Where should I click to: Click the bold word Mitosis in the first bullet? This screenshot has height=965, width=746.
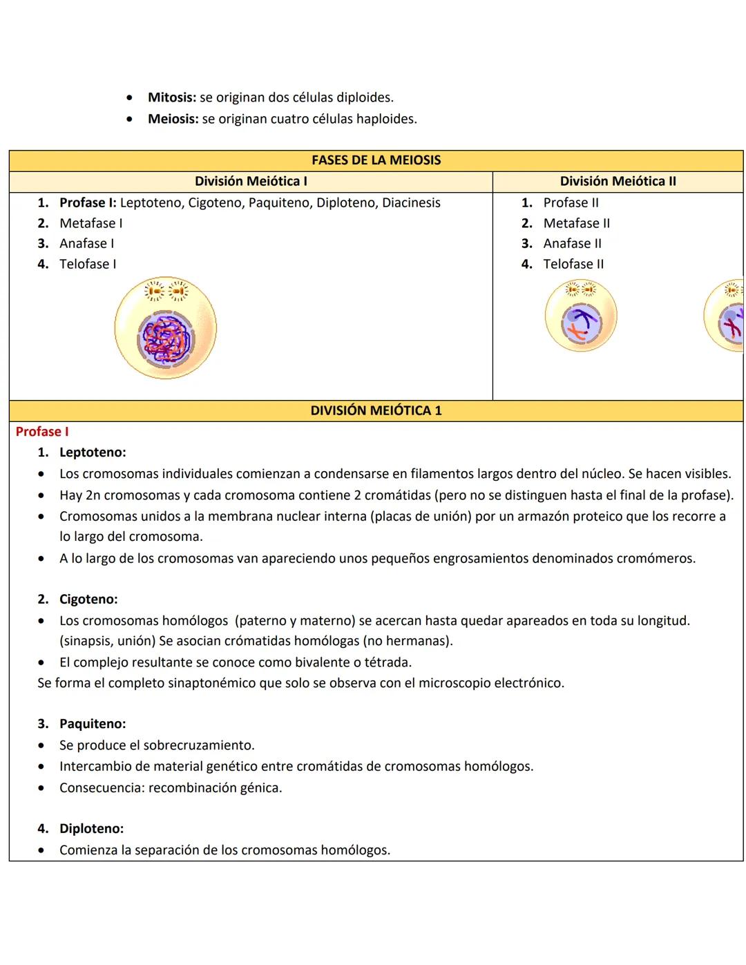171,97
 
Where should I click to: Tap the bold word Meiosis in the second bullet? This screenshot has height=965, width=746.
173,119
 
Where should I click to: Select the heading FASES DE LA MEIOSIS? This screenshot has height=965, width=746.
376,160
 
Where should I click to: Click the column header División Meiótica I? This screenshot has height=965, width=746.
251,181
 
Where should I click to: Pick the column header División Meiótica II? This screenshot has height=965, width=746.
618,181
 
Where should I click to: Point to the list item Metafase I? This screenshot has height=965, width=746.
90,223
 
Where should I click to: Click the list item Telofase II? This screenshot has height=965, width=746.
573,264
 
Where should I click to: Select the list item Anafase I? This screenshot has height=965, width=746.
86,243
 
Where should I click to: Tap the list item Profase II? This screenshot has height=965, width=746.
571,202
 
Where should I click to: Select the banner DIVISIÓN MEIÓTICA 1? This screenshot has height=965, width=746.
376,410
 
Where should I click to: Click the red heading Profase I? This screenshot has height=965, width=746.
42,432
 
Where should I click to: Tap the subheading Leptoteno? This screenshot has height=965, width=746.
93,452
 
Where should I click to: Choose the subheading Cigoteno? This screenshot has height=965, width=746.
88,599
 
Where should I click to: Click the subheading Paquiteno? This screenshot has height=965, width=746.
93,724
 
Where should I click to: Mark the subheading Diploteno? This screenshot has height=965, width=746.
91,828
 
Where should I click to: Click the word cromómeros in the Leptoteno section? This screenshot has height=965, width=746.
653,558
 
